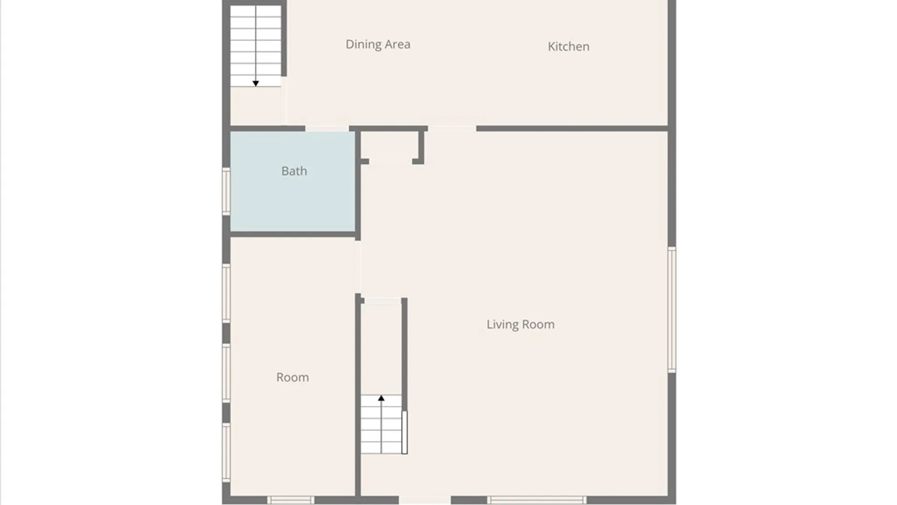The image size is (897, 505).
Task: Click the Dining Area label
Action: pyautogui.click(x=378, y=44)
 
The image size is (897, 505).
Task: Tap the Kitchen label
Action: pyautogui.click(x=568, y=46)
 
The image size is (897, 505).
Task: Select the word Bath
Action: pyautogui.click(x=294, y=171)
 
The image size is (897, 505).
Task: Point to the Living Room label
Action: pyautogui.click(x=520, y=325)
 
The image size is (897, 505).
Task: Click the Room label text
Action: pyautogui.click(x=292, y=377)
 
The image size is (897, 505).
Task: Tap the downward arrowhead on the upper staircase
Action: pyautogui.click(x=256, y=83)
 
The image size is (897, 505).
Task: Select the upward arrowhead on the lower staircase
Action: pyautogui.click(x=381, y=398)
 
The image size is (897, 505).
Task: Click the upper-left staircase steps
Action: pyautogui.click(x=256, y=45)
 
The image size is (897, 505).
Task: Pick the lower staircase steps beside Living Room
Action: pyautogui.click(x=381, y=424)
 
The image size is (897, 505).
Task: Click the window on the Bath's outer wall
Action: pyautogui.click(x=226, y=191)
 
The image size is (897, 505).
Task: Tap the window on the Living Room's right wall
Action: pyautogui.click(x=672, y=310)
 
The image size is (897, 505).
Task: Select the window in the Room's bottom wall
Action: pyautogui.click(x=291, y=500)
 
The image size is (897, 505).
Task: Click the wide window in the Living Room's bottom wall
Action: pyautogui.click(x=537, y=500)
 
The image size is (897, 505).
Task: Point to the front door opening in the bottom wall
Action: pyautogui.click(x=425, y=500)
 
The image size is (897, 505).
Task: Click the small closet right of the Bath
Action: pyautogui.click(x=391, y=146)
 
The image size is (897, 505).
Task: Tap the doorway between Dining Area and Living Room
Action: pyautogui.click(x=452, y=128)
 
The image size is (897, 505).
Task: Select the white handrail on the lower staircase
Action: pyautogui.click(x=405, y=432)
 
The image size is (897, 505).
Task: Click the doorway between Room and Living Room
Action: pyautogui.click(x=358, y=267)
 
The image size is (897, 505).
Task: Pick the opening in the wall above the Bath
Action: pyautogui.click(x=327, y=128)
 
